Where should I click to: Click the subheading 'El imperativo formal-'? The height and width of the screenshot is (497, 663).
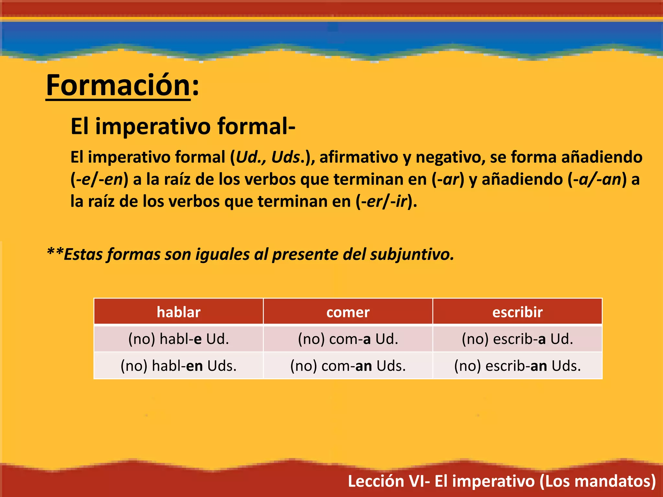click(183, 126)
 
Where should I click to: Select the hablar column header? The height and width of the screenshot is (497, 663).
click(178, 312)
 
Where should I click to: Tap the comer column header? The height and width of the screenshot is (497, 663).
click(348, 312)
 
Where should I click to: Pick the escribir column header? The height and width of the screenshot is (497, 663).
click(517, 312)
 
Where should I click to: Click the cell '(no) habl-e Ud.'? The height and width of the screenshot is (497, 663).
click(178, 339)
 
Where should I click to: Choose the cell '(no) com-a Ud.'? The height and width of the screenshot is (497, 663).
click(348, 339)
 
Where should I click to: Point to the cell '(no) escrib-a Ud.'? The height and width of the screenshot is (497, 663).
click(517, 339)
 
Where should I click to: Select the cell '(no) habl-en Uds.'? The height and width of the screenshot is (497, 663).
click(178, 366)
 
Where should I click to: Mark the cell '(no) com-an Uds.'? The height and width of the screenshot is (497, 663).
click(348, 366)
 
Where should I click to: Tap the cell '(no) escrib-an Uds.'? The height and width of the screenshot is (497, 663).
click(517, 366)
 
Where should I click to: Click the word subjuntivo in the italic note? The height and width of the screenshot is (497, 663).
click(412, 254)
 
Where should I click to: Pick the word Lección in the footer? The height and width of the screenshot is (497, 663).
click(376, 481)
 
